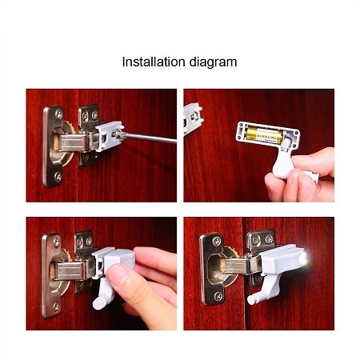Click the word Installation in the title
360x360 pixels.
154,62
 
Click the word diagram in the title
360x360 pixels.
213,63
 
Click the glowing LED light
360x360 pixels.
303,258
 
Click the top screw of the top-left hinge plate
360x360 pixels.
58,114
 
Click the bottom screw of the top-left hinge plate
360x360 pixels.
58,176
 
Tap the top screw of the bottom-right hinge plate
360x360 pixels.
217,242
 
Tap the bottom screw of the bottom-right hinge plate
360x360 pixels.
218,296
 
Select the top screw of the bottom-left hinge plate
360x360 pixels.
57,242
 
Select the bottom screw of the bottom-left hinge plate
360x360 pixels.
56,306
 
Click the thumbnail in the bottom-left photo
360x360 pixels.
118,274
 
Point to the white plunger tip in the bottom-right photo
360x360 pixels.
252,300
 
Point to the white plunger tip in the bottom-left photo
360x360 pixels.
98,304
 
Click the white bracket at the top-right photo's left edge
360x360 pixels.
193,118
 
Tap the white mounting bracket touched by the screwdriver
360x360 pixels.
110,135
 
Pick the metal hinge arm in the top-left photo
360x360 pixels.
74,142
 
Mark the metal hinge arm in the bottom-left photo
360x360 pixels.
71,270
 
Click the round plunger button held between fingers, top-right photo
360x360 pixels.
313,176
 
